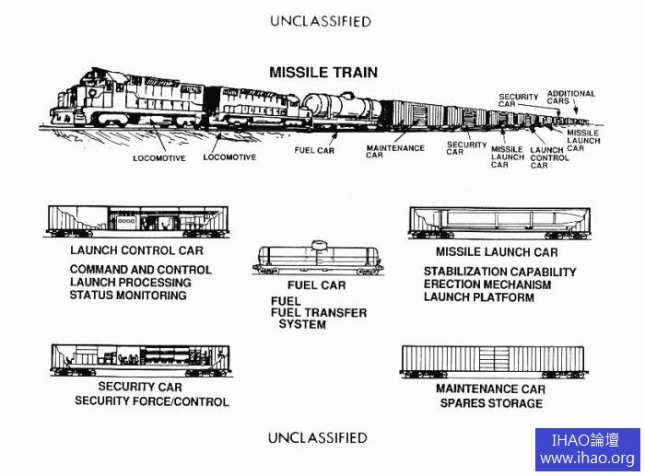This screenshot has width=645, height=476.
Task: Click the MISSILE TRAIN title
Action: coord(322,73)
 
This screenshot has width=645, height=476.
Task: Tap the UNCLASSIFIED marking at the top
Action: coord(321,20)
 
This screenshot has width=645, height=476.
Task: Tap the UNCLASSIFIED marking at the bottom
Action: coord(317,437)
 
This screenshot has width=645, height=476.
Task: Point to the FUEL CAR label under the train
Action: coord(314,150)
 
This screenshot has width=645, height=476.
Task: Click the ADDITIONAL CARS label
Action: coord(571,97)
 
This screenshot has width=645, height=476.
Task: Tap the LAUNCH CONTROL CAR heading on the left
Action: coord(136,250)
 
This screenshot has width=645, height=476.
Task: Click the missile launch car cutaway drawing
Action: coord(499,222)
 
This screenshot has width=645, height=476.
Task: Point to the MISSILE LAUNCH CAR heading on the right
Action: coord(497,252)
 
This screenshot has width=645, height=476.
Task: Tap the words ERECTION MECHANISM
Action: coord(487,284)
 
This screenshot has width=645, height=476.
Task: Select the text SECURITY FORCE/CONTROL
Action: coord(152,401)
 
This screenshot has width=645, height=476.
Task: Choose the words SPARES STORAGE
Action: coord(490,403)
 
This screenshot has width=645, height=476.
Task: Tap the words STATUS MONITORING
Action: coord(128,296)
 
